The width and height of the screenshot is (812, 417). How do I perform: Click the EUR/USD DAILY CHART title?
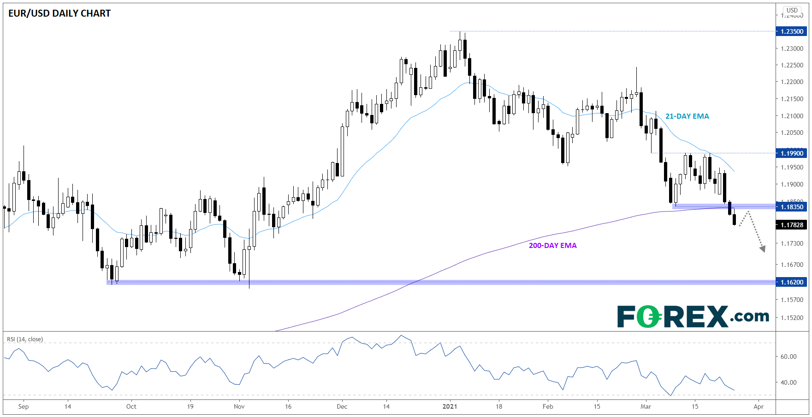pyautogui.click(x=59, y=13)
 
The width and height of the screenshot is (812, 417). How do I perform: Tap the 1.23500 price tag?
pyautogui.click(x=792, y=31)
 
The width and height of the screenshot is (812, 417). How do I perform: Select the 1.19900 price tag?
pyautogui.click(x=792, y=153)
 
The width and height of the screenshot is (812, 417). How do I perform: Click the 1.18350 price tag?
pyautogui.click(x=792, y=207)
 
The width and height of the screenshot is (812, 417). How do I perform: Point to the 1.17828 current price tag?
pyautogui.click(x=792, y=225)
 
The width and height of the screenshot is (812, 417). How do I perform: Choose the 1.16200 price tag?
pyautogui.click(x=792, y=282)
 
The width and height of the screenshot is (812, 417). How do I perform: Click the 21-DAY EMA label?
pyautogui.click(x=687, y=116)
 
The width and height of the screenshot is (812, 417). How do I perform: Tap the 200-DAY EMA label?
pyautogui.click(x=552, y=246)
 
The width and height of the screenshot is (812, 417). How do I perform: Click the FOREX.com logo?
pyautogui.click(x=693, y=316)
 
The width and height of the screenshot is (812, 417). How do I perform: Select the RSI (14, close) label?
pyautogui.click(x=25, y=339)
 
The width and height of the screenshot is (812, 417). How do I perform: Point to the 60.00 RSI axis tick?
pyautogui.click(x=788, y=357)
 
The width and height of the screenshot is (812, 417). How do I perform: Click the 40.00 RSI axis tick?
pyautogui.click(x=788, y=382)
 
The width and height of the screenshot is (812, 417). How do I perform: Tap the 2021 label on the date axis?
pyautogui.click(x=450, y=406)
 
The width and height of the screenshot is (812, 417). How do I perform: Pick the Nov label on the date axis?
pyautogui.click(x=239, y=406)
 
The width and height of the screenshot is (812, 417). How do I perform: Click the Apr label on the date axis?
pyautogui.click(x=759, y=406)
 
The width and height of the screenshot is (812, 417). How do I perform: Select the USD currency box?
pyautogui.click(x=792, y=10)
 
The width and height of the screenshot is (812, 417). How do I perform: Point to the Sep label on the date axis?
pyautogui.click(x=24, y=406)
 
